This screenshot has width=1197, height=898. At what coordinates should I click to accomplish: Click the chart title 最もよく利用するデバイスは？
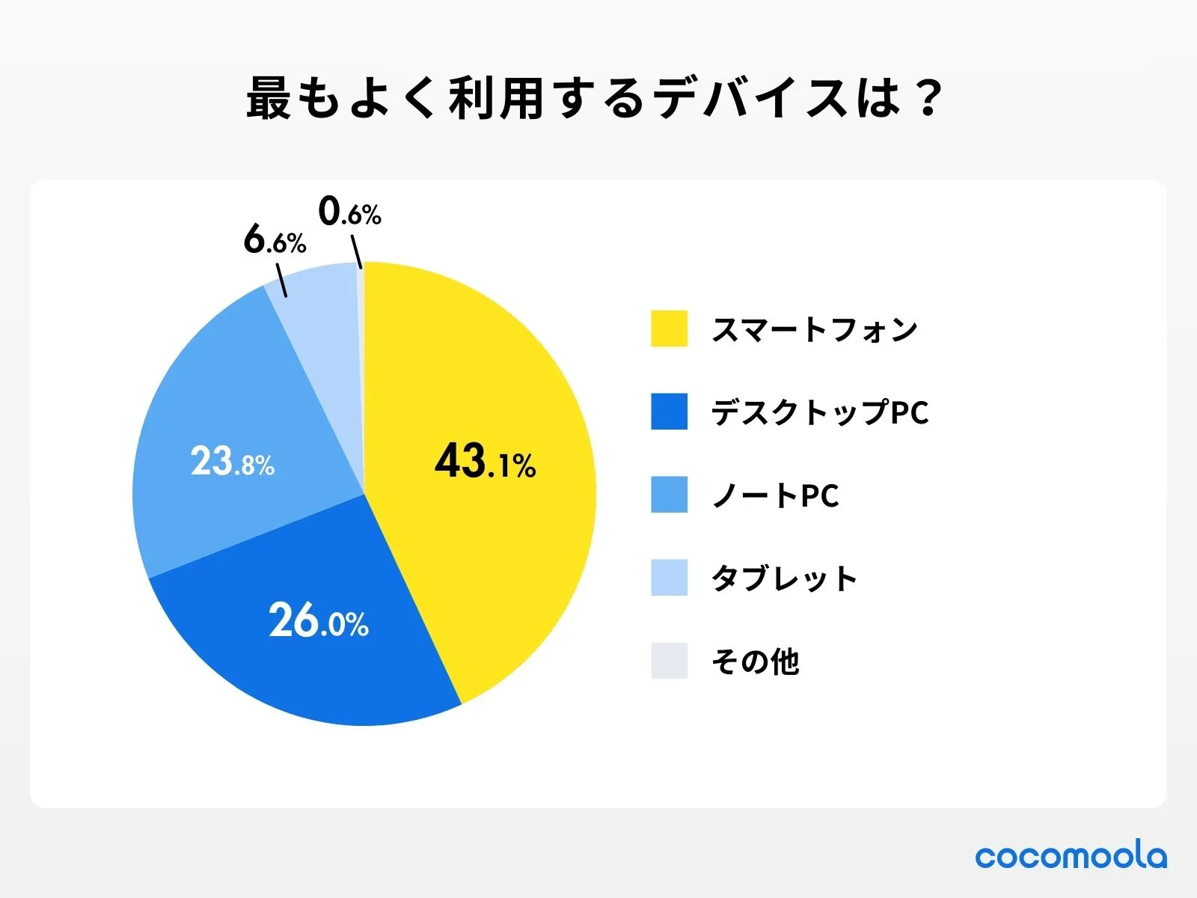pyautogui.click(x=595, y=98)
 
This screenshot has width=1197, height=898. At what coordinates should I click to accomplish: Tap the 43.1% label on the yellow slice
pyautogui.click(x=485, y=461)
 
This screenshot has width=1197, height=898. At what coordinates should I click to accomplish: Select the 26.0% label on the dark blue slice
pyautogui.click(x=319, y=620)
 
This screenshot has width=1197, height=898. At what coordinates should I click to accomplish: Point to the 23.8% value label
pyautogui.click(x=232, y=462)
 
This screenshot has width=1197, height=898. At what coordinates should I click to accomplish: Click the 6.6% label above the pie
pyautogui.click(x=275, y=240)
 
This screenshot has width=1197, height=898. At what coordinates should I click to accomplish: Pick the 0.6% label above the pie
pyautogui.click(x=349, y=212)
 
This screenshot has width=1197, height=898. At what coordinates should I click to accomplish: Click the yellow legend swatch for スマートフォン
pyautogui.click(x=669, y=329)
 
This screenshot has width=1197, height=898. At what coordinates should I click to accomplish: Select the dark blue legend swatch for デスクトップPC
pyautogui.click(x=669, y=412)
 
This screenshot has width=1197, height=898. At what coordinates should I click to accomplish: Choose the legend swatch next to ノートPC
pyautogui.click(x=669, y=495)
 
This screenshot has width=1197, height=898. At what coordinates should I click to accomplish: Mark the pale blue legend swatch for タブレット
pyautogui.click(x=669, y=578)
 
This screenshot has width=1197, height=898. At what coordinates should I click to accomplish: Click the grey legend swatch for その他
pyautogui.click(x=669, y=661)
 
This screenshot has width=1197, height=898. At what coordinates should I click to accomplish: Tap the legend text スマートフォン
pyautogui.click(x=814, y=329)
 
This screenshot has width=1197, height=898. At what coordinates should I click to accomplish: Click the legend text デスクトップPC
pyautogui.click(x=819, y=412)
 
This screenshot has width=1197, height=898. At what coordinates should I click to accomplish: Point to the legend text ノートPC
pyautogui.click(x=775, y=495)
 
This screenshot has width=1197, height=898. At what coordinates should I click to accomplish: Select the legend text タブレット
pyautogui.click(x=784, y=578)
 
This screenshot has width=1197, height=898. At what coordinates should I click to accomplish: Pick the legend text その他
pyautogui.click(x=755, y=662)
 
